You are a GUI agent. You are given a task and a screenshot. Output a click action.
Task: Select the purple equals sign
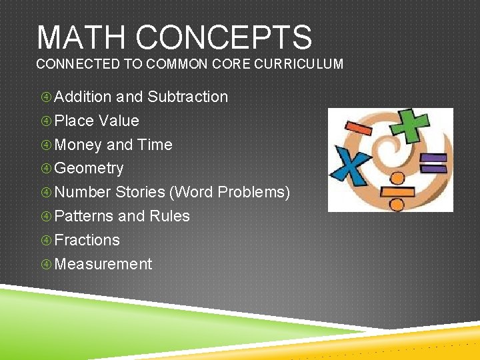[x=433, y=163]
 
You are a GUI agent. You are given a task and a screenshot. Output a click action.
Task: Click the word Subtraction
[x=187, y=97]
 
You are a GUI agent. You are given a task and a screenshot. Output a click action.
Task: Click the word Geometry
[x=89, y=169]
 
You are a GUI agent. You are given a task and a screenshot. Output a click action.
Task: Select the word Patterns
[x=83, y=216]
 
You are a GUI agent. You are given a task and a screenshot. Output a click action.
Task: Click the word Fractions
[x=87, y=240]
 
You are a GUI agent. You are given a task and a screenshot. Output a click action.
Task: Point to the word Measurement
[x=103, y=264]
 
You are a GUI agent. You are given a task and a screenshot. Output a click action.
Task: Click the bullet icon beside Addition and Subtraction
[x=46, y=97]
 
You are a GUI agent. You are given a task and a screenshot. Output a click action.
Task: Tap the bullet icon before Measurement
[x=46, y=265]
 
